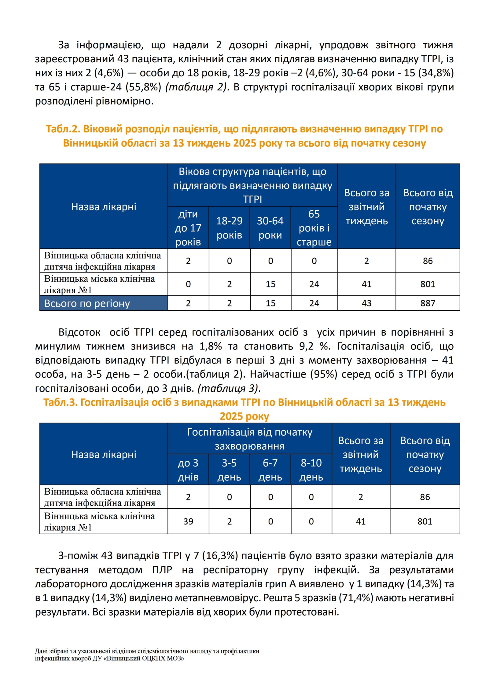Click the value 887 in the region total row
point(427,303)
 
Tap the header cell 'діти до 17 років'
point(188,228)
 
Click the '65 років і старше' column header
point(314,228)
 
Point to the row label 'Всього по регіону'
point(87,303)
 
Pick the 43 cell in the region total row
point(366,303)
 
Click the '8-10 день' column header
point(311,470)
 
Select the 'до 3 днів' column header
point(188,470)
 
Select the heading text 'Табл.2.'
point(63,129)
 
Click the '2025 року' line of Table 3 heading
point(244,416)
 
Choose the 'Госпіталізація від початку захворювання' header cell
point(249,439)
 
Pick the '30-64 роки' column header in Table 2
point(270,228)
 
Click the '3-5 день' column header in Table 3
point(229,470)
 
